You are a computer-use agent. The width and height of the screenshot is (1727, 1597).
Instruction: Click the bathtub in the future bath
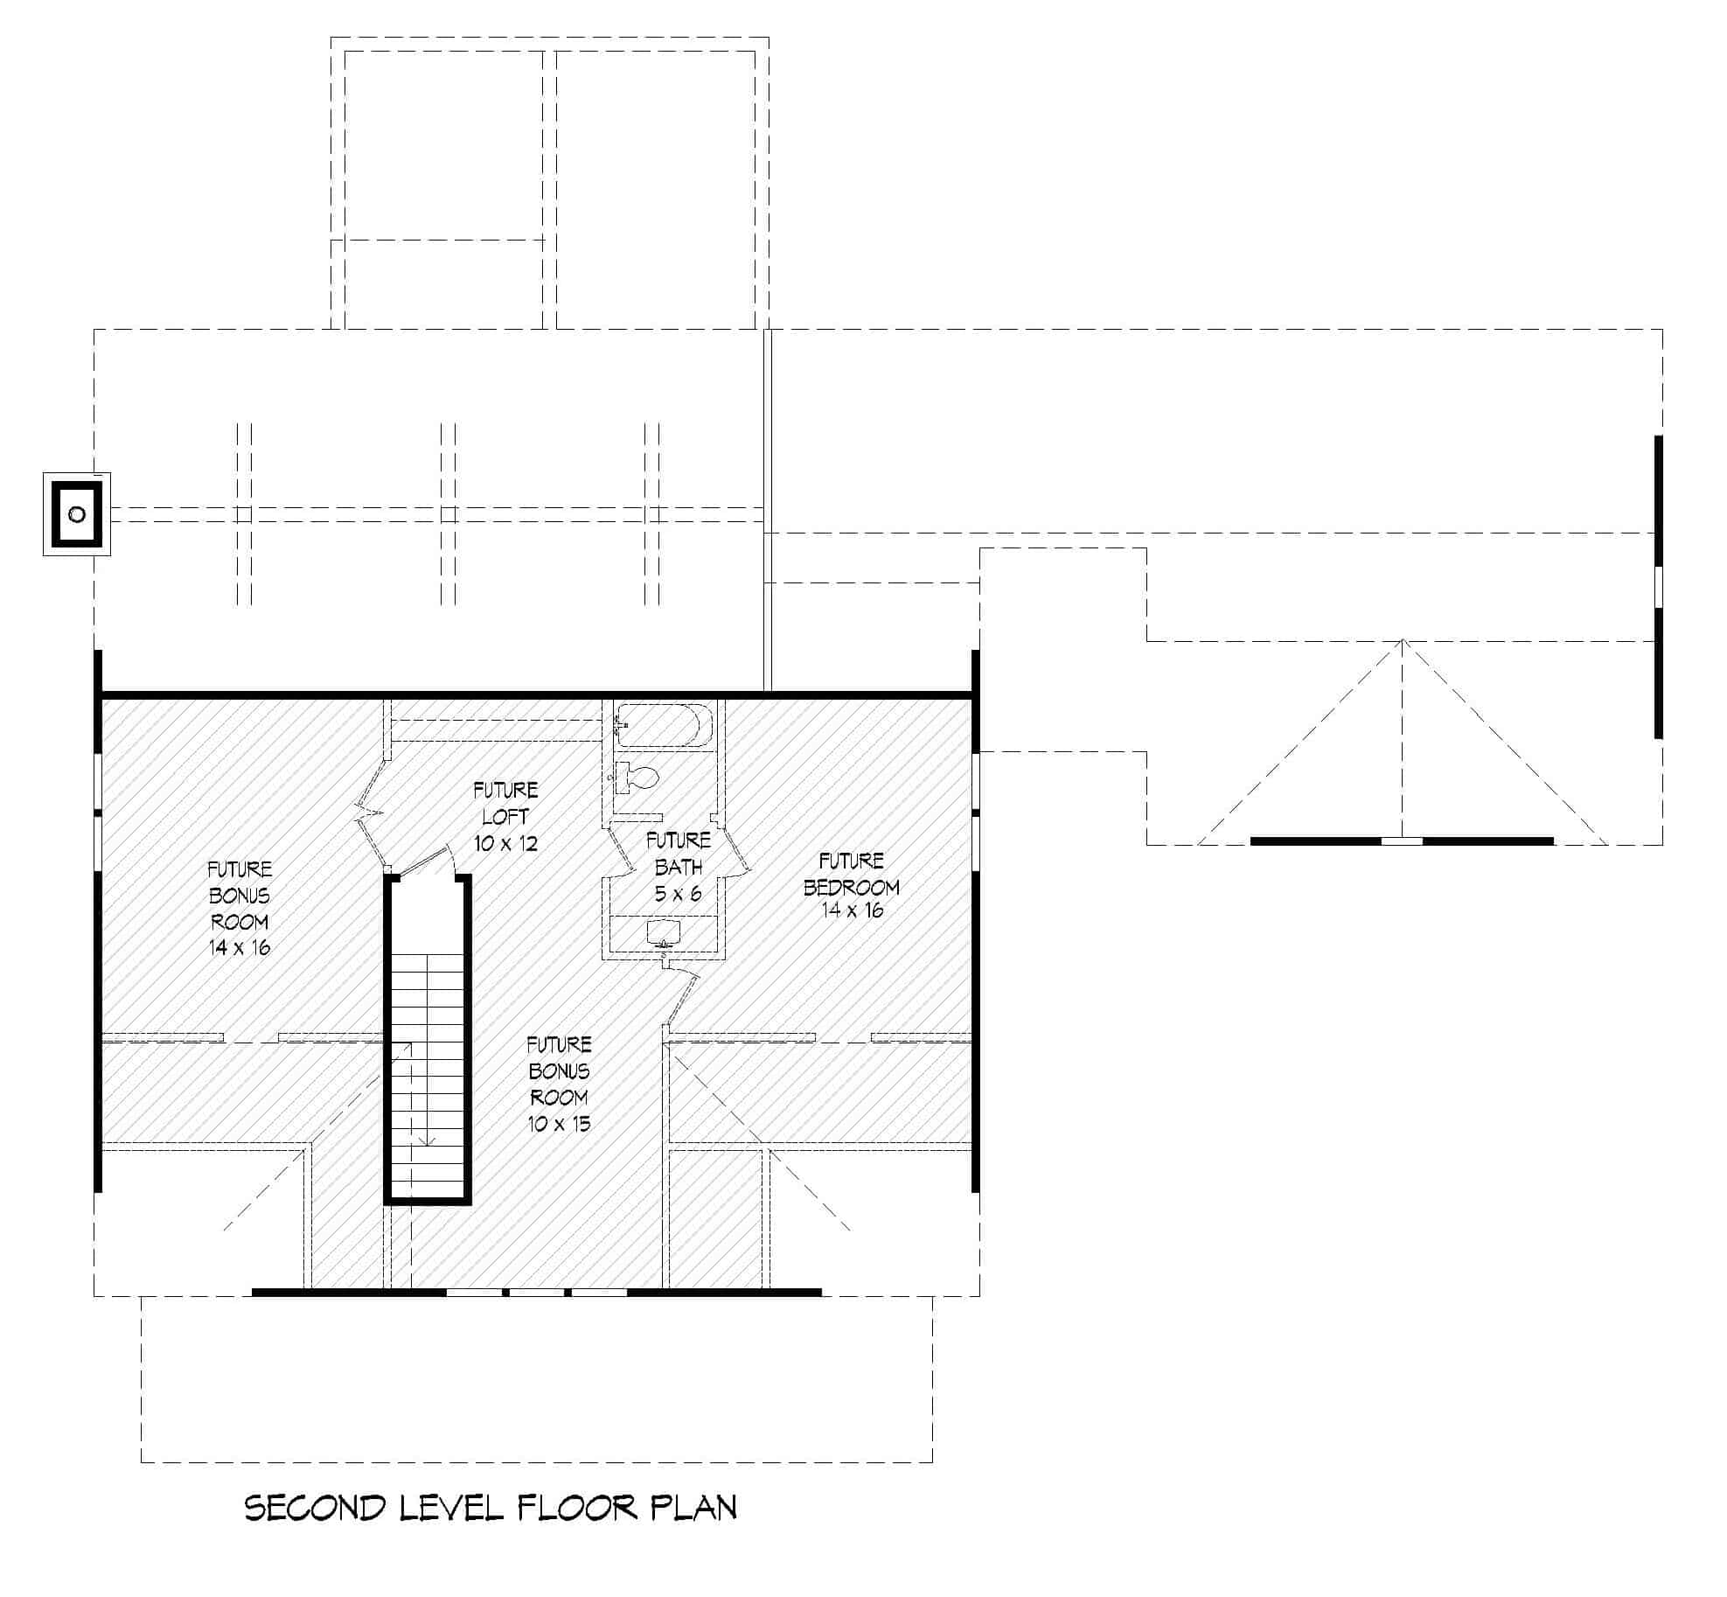[664, 726]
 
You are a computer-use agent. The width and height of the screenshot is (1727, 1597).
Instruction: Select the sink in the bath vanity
[664, 931]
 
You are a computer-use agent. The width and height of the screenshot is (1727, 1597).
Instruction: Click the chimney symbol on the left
[77, 514]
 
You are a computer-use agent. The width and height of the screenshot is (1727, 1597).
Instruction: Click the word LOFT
[505, 817]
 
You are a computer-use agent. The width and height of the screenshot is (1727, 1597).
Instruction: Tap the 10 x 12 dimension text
[505, 844]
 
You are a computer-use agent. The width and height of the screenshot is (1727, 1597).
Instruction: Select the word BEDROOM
[851, 887]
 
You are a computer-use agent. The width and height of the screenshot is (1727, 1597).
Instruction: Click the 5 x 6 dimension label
[678, 894]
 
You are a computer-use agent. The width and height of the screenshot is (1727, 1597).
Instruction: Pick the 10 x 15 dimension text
[559, 1124]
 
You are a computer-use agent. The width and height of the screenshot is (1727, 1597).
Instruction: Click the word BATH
[678, 868]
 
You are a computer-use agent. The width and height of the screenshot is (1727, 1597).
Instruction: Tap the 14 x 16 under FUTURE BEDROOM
[851, 910]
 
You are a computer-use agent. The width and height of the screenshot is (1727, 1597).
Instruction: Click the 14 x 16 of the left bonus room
[239, 947]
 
